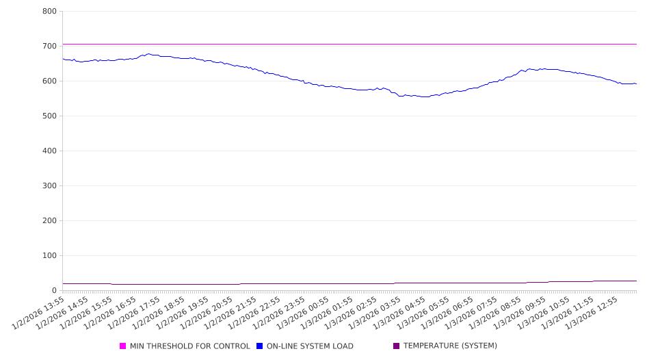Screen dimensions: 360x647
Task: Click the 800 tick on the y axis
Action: [49, 12]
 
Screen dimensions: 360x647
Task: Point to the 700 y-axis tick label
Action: [49, 47]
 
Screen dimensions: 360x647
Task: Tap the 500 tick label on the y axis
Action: [49, 116]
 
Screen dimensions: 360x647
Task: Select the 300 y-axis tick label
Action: [49, 186]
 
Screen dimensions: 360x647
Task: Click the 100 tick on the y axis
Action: [49, 256]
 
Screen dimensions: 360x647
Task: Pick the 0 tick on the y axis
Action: [53, 291]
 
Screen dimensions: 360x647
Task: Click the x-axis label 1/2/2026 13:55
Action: [40, 313]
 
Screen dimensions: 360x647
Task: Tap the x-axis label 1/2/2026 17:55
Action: [135, 313]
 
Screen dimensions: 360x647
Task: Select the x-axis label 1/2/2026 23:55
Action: [279, 313]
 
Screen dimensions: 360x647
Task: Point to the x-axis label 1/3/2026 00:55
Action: [303, 313]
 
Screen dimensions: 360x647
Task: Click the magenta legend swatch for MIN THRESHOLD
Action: [123, 346]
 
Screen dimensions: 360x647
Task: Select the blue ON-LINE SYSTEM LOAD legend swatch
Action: [260, 346]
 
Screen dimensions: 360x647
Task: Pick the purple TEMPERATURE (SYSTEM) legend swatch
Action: [397, 346]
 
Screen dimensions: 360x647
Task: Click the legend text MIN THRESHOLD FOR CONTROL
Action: [189, 346]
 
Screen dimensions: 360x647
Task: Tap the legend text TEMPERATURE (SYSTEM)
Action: [450, 346]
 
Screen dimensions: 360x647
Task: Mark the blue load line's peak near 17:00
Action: [148, 54]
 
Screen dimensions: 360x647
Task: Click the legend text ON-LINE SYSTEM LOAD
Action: [310, 346]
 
